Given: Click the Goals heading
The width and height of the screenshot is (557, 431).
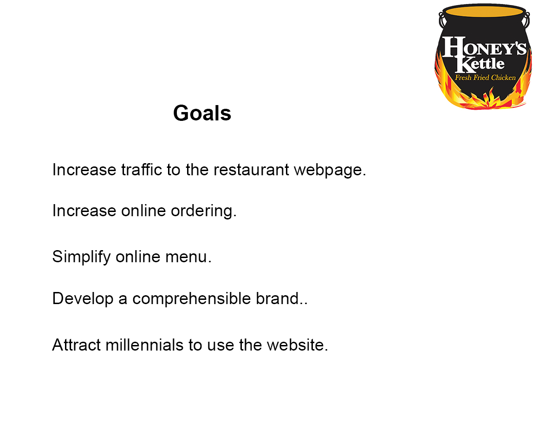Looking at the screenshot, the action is pos(202,113).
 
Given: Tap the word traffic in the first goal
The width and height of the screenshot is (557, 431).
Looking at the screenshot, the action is pos(142,169).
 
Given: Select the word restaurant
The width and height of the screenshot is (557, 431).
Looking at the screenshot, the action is pos(251,170).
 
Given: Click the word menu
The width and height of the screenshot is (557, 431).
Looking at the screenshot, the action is pos(188,257).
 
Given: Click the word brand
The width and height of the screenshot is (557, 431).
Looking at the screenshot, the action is pos(281,298).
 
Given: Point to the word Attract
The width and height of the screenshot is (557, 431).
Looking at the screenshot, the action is pos(77,345).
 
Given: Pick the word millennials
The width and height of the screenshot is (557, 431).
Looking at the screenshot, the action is pos(144,345).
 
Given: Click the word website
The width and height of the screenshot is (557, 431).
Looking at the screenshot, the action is pos(298,345).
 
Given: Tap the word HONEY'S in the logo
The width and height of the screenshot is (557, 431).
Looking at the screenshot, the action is pos(484,46).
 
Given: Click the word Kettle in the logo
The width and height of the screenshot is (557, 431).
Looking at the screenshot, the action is pos(480,64).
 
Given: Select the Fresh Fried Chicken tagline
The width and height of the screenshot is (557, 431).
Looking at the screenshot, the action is pos(485,78).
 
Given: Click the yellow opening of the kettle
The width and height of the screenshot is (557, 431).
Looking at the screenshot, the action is pos(484,11).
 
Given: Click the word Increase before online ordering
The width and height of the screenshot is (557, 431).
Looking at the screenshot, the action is pos(84,211).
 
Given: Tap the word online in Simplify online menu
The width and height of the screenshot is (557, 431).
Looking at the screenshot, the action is pos(138,257).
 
